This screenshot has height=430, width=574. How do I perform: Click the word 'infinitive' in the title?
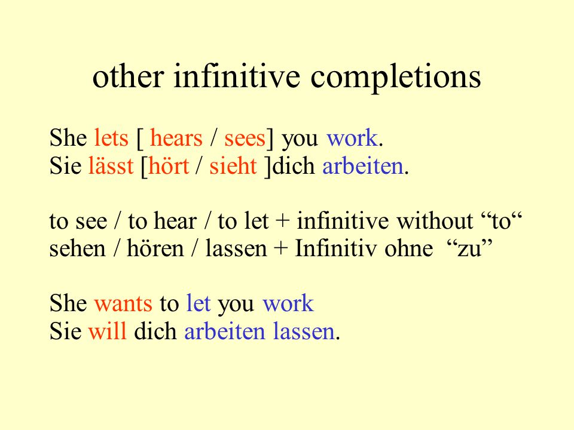237,76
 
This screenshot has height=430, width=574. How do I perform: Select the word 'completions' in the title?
396,78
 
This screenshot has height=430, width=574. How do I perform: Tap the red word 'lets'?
111,138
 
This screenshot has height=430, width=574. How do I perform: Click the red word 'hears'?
176,138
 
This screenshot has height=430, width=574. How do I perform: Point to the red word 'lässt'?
111,165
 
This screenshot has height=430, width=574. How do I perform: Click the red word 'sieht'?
233,165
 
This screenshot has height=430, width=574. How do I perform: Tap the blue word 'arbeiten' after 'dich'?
363,165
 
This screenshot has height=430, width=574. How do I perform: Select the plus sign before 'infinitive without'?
282,222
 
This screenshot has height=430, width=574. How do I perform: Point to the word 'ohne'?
409,248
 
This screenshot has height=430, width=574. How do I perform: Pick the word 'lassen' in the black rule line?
236,248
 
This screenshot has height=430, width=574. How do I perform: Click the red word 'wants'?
123,304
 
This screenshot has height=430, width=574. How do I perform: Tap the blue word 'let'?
199,303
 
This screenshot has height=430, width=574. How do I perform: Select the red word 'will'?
108,331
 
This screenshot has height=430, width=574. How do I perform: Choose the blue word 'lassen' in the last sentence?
304,331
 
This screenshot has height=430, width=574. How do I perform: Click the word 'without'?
435,221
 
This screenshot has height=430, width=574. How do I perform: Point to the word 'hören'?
155,248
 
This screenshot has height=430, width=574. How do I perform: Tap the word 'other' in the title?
128,76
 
